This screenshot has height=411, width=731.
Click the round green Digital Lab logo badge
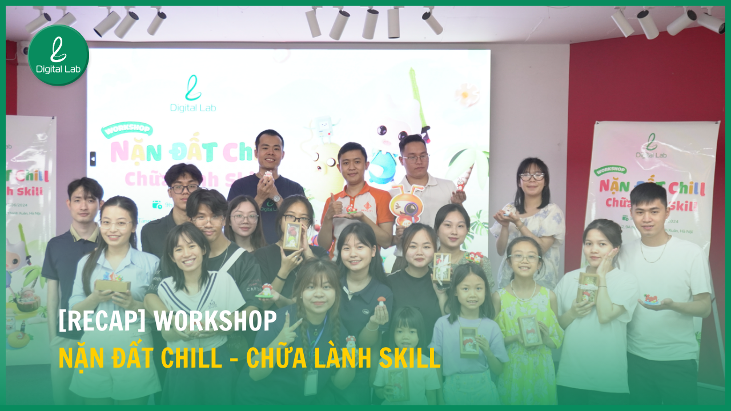click(x=58, y=55)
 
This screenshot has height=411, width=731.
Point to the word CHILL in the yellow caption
click(x=191, y=358)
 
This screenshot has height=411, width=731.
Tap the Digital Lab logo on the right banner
click(x=652, y=146)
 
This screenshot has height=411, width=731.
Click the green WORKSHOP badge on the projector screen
click(x=126, y=129)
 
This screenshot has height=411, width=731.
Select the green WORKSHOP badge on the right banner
click(x=610, y=170)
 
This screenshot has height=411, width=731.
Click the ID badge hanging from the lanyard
click(x=311, y=382)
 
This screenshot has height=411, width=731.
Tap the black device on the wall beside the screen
click(x=93, y=158)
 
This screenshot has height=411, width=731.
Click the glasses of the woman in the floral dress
click(x=532, y=177)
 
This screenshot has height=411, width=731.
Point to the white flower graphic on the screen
click(x=467, y=94)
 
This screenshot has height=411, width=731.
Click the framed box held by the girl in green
click(x=529, y=331)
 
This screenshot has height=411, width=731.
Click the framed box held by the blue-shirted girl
click(x=469, y=341)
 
